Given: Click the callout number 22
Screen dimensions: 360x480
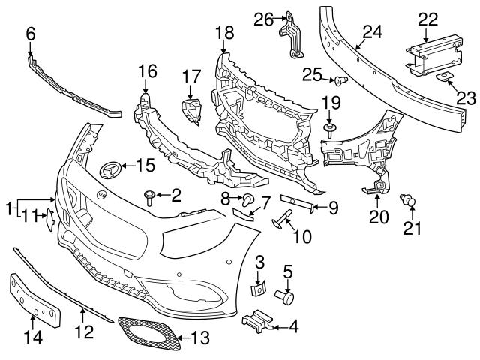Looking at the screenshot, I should (x=427, y=19).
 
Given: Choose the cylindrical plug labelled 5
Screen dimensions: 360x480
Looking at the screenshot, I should (x=286, y=295).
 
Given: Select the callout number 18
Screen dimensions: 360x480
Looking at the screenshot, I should (x=224, y=32).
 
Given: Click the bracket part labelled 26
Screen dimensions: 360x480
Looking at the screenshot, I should (x=292, y=34).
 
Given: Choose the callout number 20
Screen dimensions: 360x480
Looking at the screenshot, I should (x=379, y=217).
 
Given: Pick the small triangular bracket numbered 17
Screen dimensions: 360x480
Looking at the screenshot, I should (x=193, y=109).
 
